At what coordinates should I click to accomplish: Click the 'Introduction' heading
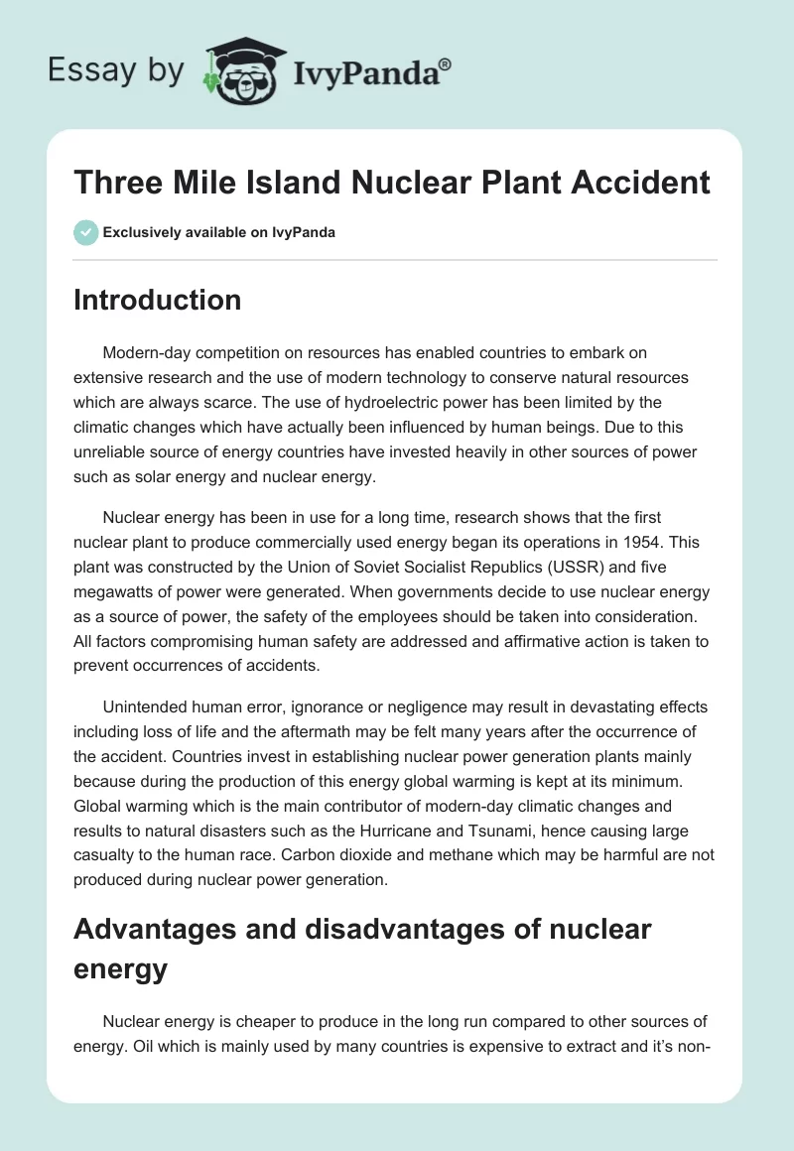157,300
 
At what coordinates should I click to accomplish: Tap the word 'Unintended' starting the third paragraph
147,706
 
